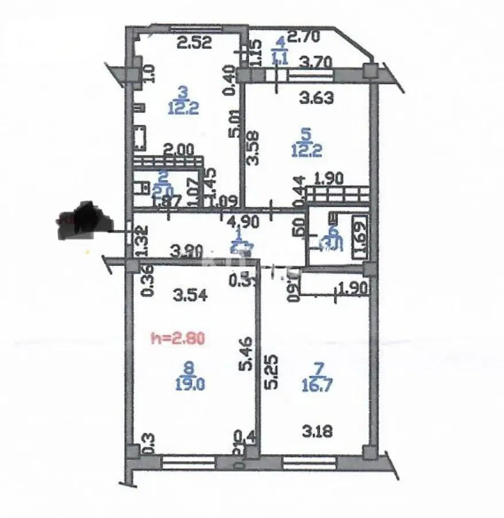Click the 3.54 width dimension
point(189,296)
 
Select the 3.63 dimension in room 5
point(317,98)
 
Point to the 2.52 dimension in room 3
point(194,41)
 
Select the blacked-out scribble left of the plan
point(84,220)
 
